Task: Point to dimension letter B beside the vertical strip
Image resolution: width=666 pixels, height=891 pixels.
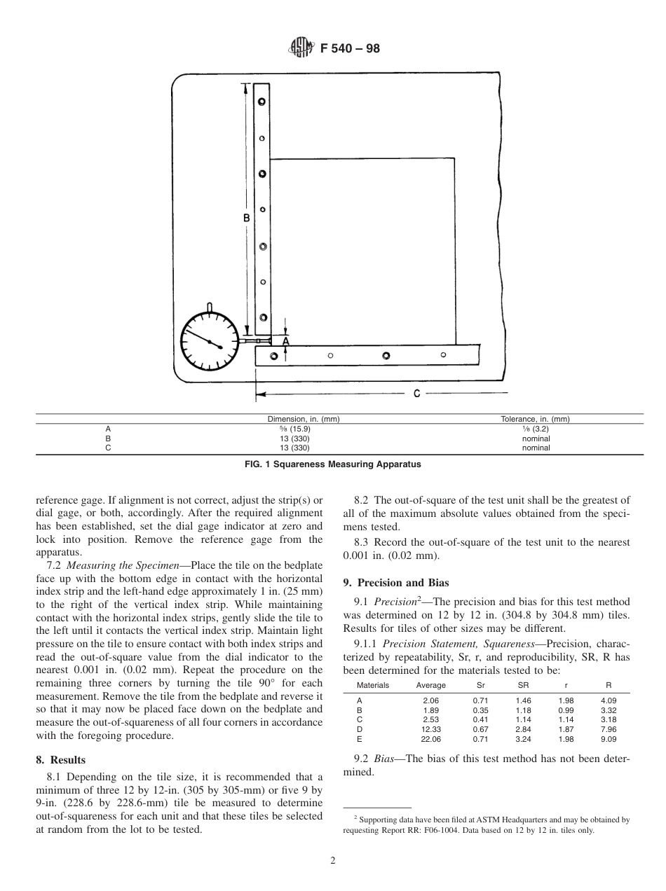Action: (x=247, y=218)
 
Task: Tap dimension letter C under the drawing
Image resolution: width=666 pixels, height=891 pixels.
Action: (x=416, y=394)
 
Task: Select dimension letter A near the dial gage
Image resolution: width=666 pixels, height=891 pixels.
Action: (x=285, y=341)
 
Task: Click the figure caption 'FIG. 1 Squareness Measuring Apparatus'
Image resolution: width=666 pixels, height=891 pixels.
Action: (x=332, y=464)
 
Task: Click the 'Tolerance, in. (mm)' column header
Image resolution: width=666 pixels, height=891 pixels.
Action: (x=534, y=419)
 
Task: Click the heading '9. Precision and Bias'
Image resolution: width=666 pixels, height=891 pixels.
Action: (x=396, y=582)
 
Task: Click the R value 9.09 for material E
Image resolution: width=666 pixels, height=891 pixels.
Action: (x=608, y=738)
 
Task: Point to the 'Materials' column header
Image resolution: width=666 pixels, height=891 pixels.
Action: (x=372, y=685)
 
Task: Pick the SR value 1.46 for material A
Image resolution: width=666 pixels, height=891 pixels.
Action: (x=523, y=700)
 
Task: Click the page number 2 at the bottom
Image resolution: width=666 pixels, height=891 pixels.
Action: (x=333, y=861)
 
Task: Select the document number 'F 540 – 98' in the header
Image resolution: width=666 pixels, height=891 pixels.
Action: (x=349, y=49)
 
